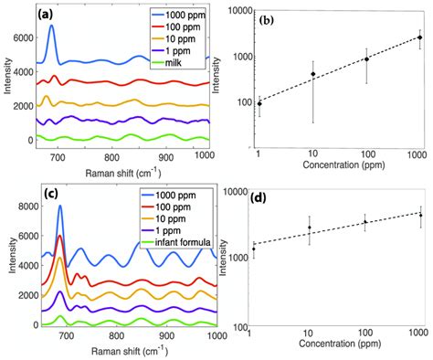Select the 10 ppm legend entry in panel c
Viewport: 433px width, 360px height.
tap(164, 222)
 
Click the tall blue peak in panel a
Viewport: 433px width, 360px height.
tap(51, 27)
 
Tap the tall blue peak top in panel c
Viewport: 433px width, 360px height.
tap(60, 206)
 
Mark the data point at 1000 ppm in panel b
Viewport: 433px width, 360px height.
tap(419, 37)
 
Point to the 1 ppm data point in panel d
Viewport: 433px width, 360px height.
tap(254, 249)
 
